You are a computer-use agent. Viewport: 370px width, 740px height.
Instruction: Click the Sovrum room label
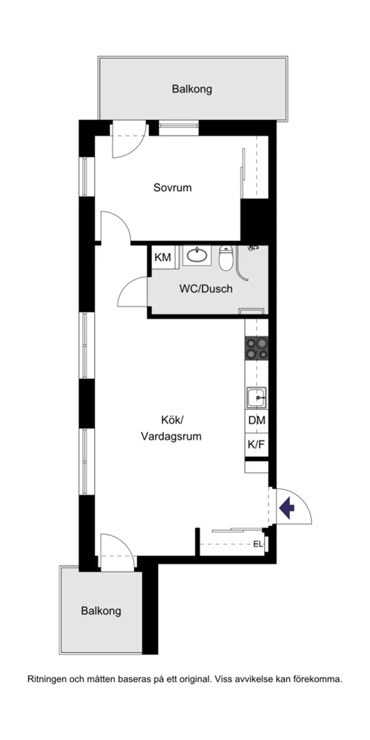click(172, 187)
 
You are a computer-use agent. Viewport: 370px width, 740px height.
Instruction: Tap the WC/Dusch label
click(206, 288)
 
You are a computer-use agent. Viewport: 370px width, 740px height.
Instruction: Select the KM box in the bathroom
click(162, 257)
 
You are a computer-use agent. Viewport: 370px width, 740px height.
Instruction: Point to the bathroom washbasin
click(197, 255)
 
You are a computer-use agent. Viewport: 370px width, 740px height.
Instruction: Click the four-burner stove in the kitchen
click(257, 348)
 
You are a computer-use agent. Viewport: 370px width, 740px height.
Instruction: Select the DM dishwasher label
click(257, 421)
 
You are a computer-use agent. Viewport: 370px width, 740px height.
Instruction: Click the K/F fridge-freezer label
click(257, 445)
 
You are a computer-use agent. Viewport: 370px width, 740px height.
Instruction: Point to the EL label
click(257, 544)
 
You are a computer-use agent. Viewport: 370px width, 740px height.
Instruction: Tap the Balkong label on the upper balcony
click(192, 89)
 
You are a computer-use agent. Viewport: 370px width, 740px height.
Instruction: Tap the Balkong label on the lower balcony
click(101, 611)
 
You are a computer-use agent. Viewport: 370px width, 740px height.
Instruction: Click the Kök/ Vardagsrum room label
click(171, 428)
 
